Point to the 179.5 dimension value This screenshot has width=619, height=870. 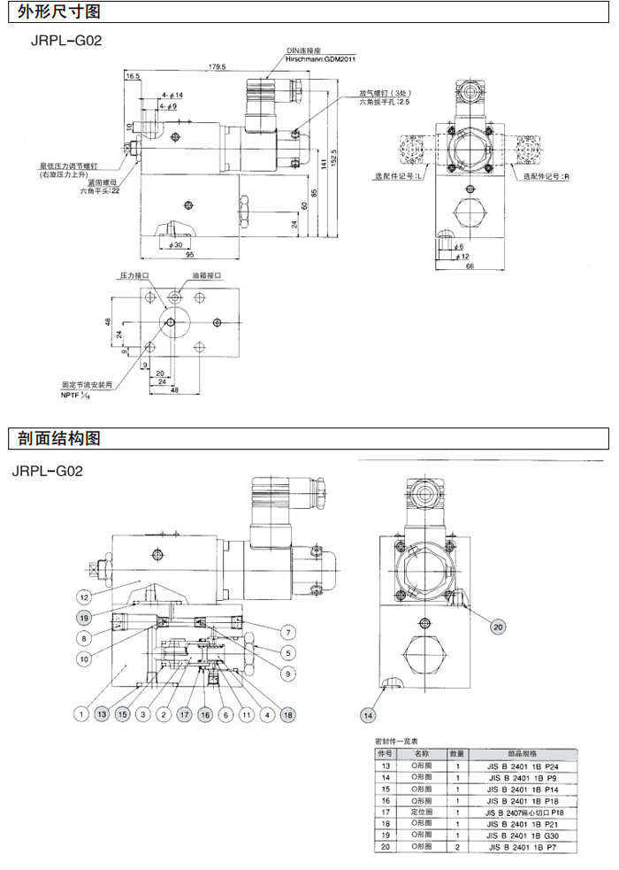pos(217,67)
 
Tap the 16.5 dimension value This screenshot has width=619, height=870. pos(133,77)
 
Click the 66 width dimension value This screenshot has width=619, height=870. pos(470,266)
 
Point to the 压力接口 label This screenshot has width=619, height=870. pos(134,276)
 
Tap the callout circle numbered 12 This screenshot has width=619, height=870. pos(85,595)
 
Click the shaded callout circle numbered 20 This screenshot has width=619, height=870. pos(498,627)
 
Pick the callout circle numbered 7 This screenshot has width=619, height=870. pos(288,632)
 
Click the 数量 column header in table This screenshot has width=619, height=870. pos(458,752)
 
